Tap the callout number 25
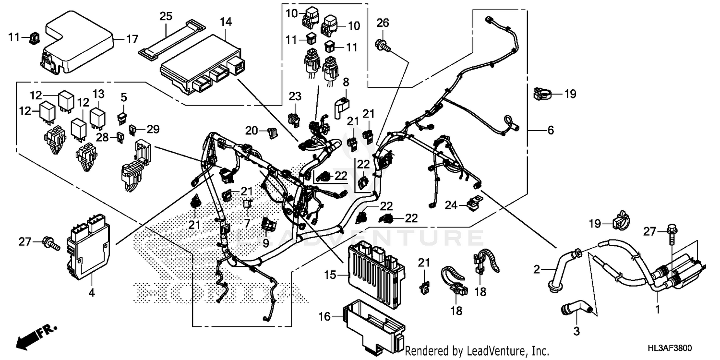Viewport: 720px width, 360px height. (x=166, y=17)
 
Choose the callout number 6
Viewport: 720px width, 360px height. (x=550, y=130)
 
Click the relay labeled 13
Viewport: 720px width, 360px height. (x=98, y=116)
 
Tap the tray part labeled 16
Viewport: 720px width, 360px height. (x=374, y=322)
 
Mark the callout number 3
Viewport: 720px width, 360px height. (x=577, y=331)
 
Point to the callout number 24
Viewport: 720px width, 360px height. (x=450, y=205)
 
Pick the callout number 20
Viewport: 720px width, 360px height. (x=252, y=130)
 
